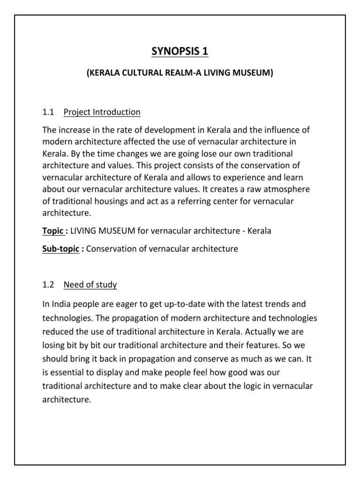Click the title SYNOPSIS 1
[x=180, y=51]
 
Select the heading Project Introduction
[x=102, y=112]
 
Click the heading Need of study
[x=90, y=285]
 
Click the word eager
[x=125, y=305]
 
